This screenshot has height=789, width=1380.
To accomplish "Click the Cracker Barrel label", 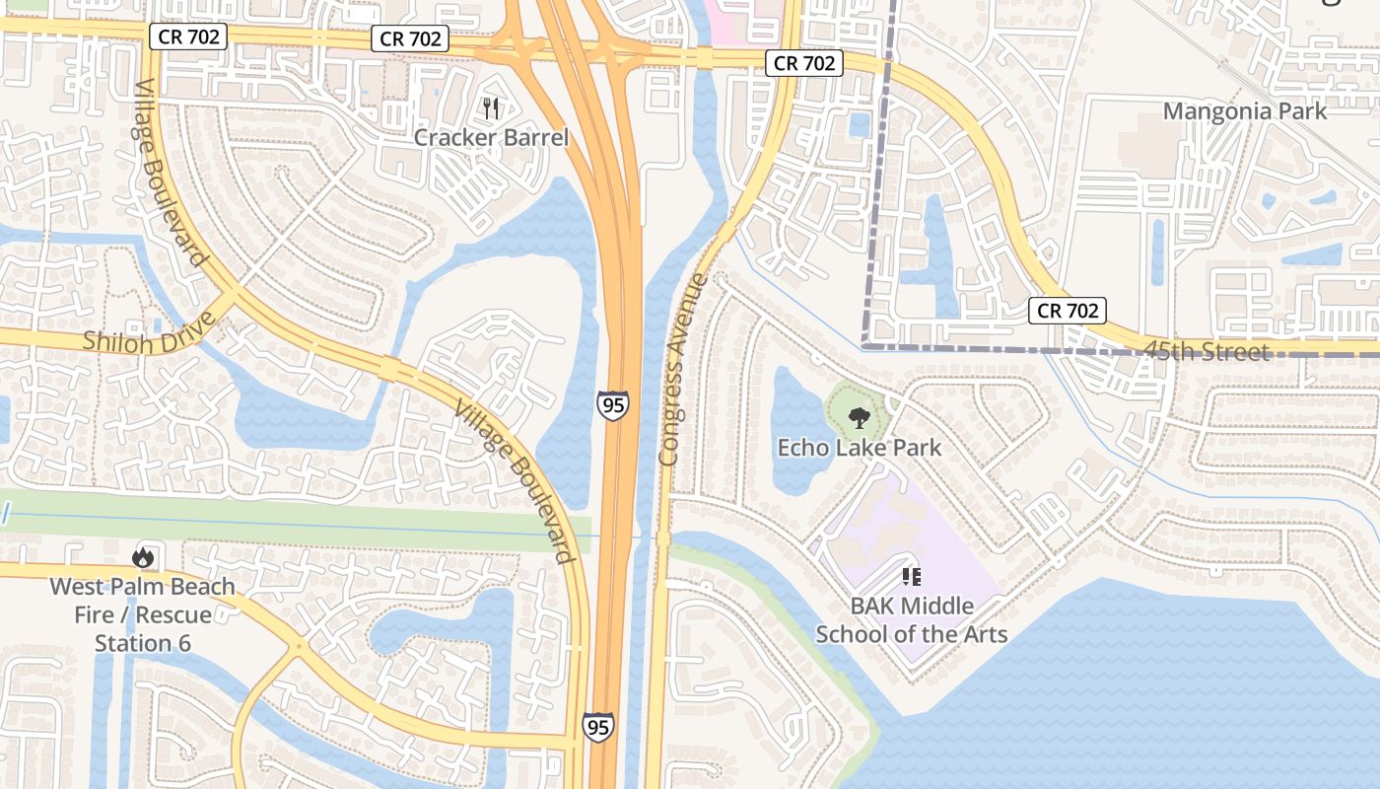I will (x=491, y=137).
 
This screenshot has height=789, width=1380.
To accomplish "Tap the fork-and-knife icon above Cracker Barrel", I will (x=491, y=108).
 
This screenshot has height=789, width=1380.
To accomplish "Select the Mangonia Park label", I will (x=1245, y=110).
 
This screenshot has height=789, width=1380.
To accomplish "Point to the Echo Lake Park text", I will (x=860, y=448).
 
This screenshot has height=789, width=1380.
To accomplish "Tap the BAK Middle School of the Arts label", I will (x=912, y=619).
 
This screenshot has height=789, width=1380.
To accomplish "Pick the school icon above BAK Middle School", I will (x=911, y=576).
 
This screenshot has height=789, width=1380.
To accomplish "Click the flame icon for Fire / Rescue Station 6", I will (x=143, y=557).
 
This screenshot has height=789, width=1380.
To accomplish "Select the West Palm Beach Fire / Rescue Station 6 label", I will (x=143, y=614).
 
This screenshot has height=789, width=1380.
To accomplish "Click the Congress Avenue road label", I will (x=682, y=370).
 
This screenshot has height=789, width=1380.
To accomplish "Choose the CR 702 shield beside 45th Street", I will (x=1068, y=311).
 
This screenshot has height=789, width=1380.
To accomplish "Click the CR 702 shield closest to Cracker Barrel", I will (x=410, y=38).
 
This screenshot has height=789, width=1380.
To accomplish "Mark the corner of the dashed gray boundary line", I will (x=864, y=346).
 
